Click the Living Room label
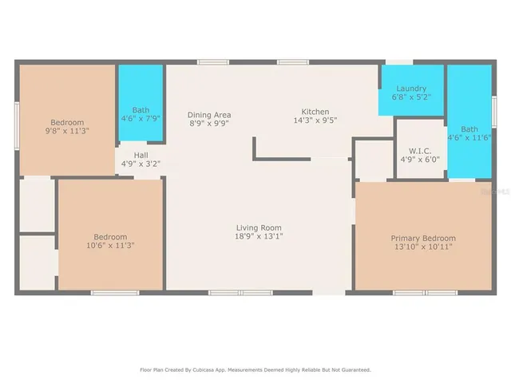coord(259,227)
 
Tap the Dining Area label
coord(209,114)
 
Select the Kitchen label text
coord(315,112)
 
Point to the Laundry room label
coord(411,89)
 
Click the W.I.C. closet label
coord(419,149)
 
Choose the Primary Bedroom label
coord(423,239)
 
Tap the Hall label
coord(141,156)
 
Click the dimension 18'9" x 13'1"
coord(259,236)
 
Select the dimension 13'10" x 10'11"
coord(423,247)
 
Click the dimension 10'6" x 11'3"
coord(110,246)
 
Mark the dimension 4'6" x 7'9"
coord(141,118)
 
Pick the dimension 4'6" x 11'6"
coord(469,138)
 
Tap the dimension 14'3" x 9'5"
coord(315,121)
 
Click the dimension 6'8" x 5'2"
coord(411,97)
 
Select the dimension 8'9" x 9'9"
coord(209,124)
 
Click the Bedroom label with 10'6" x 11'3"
coord(110,237)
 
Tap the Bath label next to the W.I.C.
coord(469,129)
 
